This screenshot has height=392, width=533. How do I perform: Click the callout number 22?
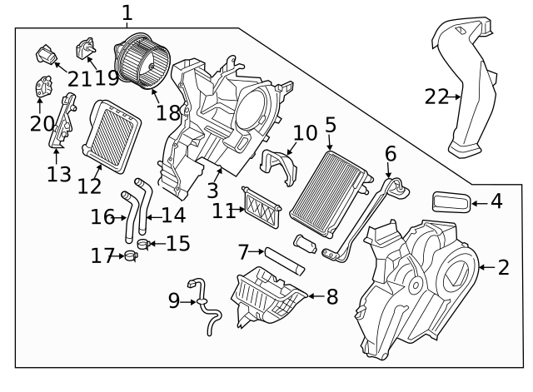point(436,97)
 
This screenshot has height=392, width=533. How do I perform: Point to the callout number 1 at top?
point(127,12)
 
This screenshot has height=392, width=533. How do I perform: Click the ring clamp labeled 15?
point(142,244)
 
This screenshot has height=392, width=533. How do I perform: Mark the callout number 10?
point(305,133)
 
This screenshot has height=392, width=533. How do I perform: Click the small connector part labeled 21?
point(47,56)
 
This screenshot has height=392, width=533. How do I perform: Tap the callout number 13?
point(59,174)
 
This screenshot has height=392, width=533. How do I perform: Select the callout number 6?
point(390,155)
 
